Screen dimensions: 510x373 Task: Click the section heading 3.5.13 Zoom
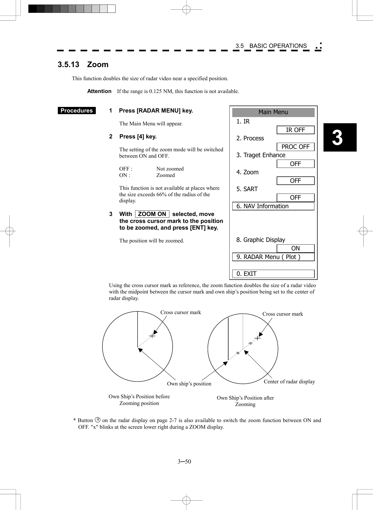(83, 65)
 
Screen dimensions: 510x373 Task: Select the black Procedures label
(77, 111)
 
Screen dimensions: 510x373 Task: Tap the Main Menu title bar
(273, 112)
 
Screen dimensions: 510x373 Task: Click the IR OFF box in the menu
(295, 130)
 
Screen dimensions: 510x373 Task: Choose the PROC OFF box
(295, 147)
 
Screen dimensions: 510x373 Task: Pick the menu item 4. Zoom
(248, 172)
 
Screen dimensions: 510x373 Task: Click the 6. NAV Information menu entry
(273, 206)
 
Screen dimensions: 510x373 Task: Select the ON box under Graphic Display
(295, 249)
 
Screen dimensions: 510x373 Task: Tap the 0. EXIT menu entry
(273, 274)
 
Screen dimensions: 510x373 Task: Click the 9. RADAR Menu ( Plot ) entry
(273, 257)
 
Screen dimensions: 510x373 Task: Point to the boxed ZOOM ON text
(152, 214)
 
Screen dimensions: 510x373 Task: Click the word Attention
(99, 91)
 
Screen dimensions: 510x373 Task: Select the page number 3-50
(184, 462)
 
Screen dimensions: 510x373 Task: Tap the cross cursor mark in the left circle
(152, 336)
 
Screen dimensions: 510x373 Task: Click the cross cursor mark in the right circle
(258, 338)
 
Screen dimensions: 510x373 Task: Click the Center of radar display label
(289, 382)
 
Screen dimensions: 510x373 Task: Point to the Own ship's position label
(189, 384)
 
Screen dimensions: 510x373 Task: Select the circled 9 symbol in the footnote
(98, 420)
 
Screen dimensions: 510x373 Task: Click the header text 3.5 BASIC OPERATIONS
(271, 46)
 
